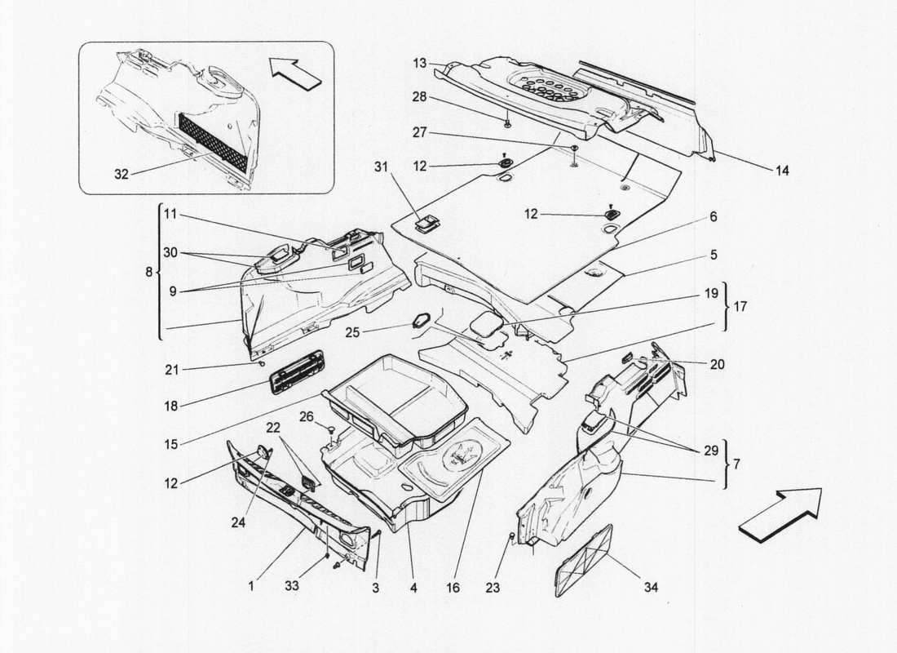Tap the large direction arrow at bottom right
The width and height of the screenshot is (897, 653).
(x=780, y=513)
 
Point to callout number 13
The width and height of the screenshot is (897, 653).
(x=420, y=64)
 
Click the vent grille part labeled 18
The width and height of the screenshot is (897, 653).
(x=295, y=371)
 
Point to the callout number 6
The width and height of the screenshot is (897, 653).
(x=713, y=217)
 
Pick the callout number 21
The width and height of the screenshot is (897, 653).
(x=172, y=370)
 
